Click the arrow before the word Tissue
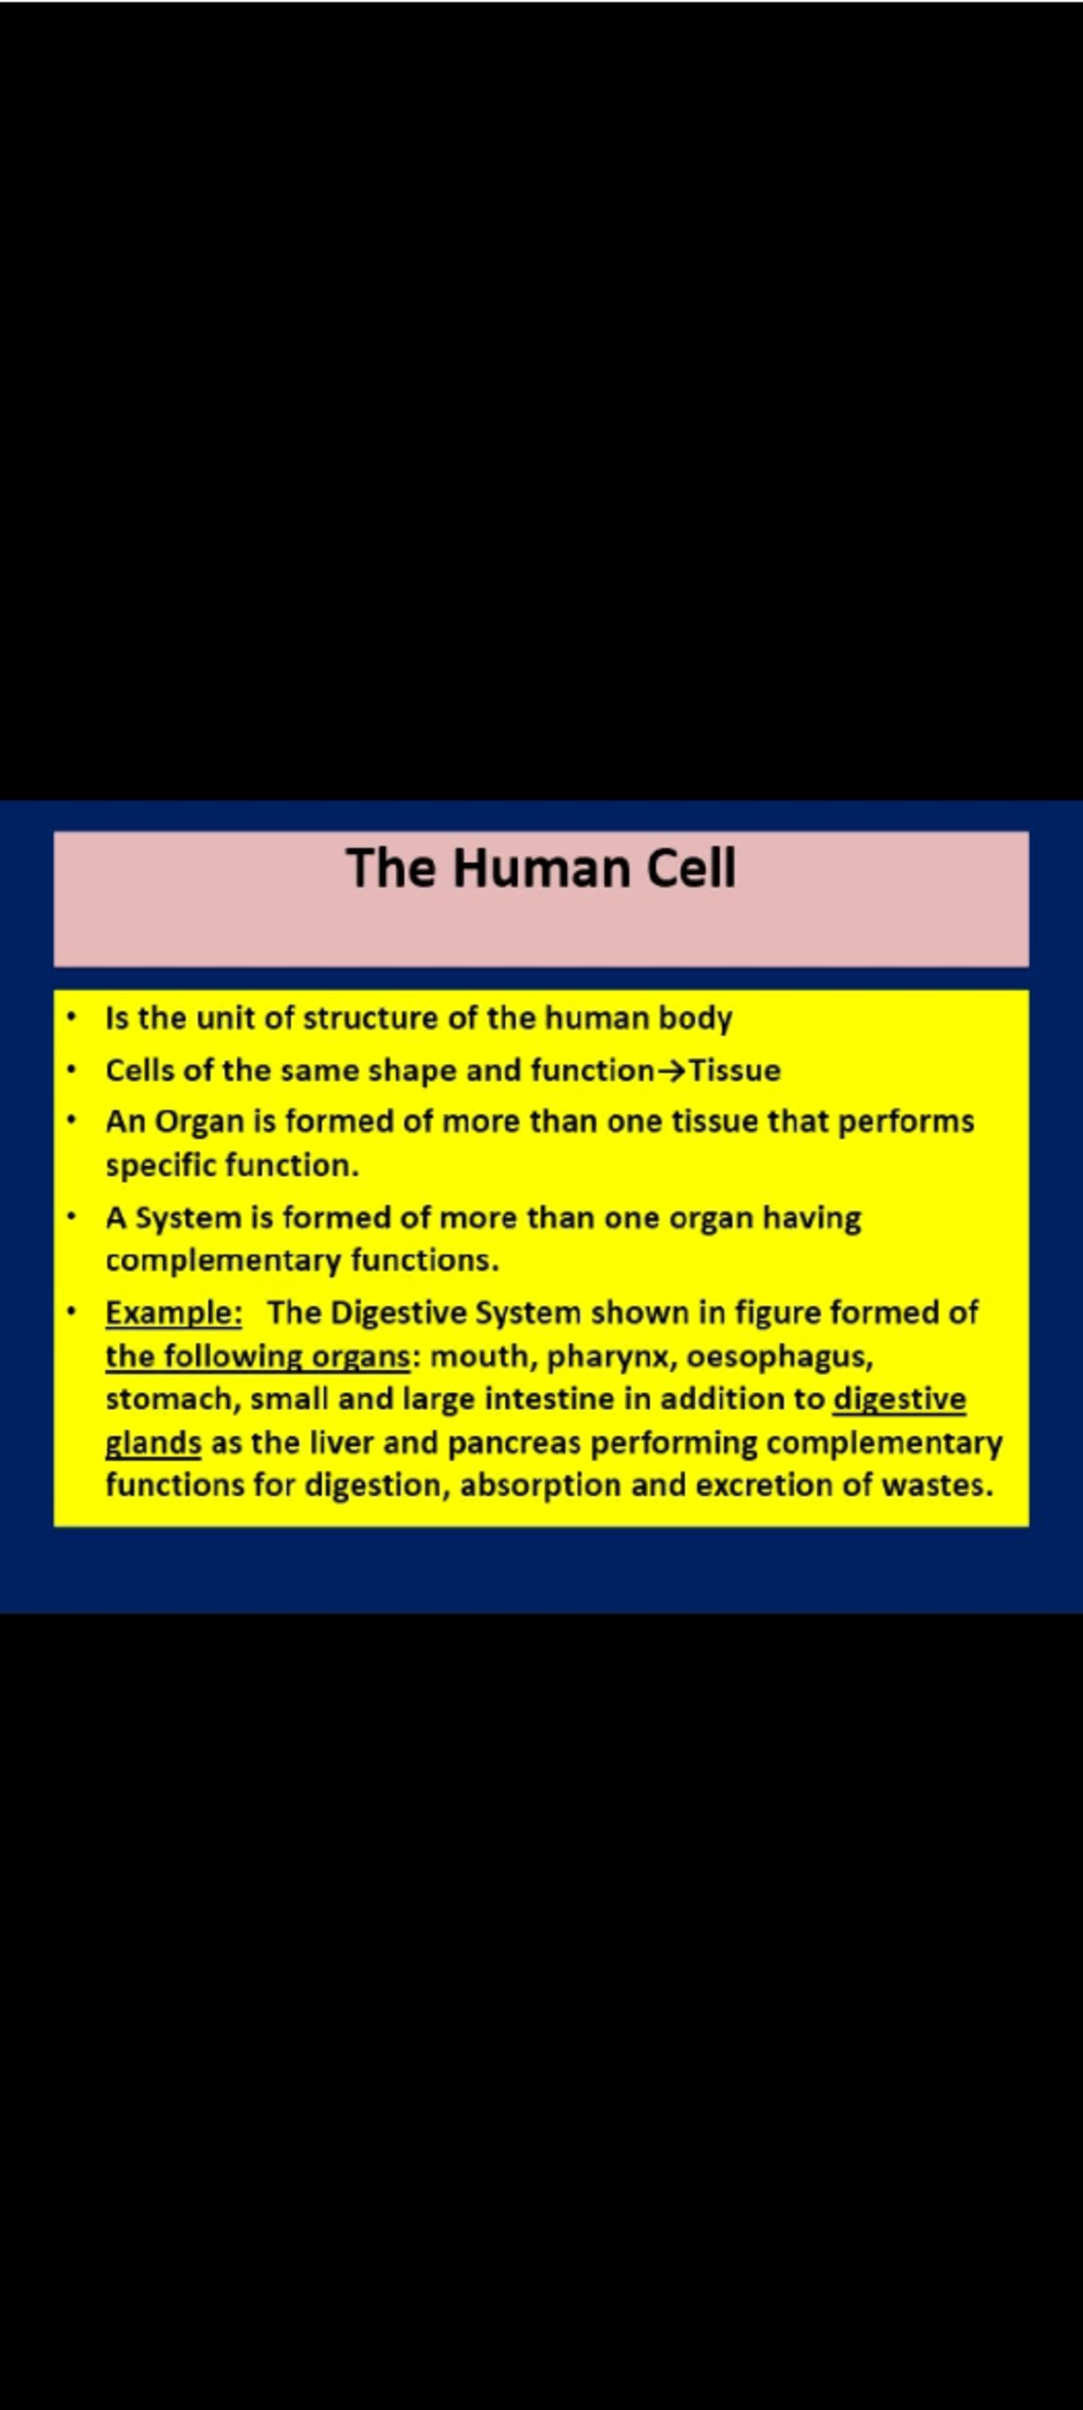[x=671, y=1071]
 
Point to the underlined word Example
[x=173, y=1312]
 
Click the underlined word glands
[x=153, y=1442]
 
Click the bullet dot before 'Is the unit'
[x=70, y=1017]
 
